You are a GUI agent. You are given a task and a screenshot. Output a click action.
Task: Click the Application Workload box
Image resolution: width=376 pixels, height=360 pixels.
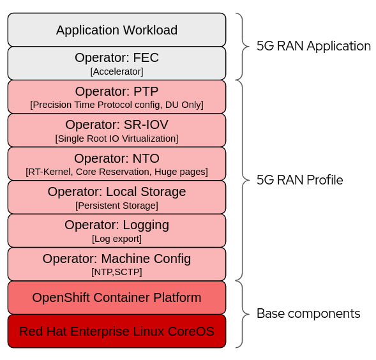117,30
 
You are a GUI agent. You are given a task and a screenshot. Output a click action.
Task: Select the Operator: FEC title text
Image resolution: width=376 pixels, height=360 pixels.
117,58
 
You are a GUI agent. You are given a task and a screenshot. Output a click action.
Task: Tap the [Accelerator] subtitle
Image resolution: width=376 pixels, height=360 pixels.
117,71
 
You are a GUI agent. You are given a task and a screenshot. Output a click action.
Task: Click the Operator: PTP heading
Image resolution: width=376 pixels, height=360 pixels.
117,91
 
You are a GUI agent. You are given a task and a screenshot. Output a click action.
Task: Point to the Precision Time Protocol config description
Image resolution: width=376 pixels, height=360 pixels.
117,105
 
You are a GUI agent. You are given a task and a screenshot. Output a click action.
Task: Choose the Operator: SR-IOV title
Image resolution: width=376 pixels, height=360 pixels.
117,124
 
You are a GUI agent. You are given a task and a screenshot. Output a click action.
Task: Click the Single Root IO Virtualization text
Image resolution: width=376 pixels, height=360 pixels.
117,139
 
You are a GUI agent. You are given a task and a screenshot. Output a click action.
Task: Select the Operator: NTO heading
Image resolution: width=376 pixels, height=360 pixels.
117,158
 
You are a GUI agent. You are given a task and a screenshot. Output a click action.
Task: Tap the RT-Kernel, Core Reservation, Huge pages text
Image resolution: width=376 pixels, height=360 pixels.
117,172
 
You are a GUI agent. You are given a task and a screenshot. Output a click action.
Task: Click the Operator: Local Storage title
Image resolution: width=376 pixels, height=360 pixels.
117,191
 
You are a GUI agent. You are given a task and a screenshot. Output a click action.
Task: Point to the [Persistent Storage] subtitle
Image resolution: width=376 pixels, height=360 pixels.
117,206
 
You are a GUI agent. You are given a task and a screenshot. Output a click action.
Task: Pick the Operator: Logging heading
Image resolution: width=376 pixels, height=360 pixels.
117,225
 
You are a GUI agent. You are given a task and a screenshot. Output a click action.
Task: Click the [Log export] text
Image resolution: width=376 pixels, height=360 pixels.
117,239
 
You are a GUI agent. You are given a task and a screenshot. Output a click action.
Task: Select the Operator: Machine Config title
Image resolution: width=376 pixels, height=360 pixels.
117,259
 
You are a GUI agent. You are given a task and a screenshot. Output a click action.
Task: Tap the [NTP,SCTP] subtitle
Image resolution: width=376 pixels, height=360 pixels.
117,272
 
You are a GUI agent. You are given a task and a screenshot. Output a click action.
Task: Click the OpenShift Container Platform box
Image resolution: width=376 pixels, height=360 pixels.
117,297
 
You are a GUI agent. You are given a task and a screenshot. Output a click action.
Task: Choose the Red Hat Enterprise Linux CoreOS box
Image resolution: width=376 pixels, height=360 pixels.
117,331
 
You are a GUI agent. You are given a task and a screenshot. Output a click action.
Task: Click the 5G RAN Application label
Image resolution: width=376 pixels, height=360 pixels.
313,46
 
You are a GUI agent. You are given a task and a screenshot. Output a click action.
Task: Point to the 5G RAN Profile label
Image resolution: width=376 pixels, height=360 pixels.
299,180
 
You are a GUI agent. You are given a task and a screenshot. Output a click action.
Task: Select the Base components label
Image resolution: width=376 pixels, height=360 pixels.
308,313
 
